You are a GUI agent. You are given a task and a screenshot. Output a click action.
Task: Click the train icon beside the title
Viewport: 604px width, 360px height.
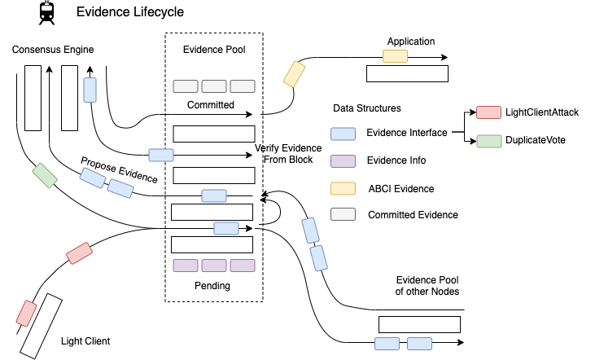(48, 12)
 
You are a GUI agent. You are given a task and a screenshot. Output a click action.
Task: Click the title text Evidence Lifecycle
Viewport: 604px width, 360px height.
(129, 12)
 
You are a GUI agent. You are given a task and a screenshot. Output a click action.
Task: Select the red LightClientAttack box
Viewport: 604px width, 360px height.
(488, 112)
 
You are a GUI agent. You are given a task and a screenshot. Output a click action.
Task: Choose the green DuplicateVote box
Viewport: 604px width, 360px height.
(488, 140)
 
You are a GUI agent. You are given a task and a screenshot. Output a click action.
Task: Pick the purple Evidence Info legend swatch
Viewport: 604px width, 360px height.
(343, 160)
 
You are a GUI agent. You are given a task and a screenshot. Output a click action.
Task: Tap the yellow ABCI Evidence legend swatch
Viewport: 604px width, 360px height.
(343, 188)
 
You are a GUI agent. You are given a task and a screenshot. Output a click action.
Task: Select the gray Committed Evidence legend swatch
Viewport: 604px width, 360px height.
(343, 215)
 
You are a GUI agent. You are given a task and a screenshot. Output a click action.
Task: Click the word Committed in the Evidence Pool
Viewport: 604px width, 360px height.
(211, 105)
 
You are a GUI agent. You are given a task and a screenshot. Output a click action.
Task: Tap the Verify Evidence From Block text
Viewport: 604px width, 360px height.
(288, 154)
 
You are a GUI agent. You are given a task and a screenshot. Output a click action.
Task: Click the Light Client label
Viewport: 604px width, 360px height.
(86, 341)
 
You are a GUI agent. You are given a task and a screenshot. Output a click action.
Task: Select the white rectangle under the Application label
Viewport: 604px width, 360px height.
(407, 74)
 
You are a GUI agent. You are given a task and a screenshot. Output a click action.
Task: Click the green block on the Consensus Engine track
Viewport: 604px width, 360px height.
(44, 175)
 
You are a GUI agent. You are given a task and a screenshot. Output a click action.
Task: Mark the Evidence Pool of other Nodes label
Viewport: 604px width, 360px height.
(427, 285)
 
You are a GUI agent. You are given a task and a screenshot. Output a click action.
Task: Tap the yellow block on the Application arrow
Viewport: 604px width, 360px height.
(396, 57)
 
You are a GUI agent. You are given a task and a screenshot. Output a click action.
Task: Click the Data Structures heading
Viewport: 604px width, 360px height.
(366, 108)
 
